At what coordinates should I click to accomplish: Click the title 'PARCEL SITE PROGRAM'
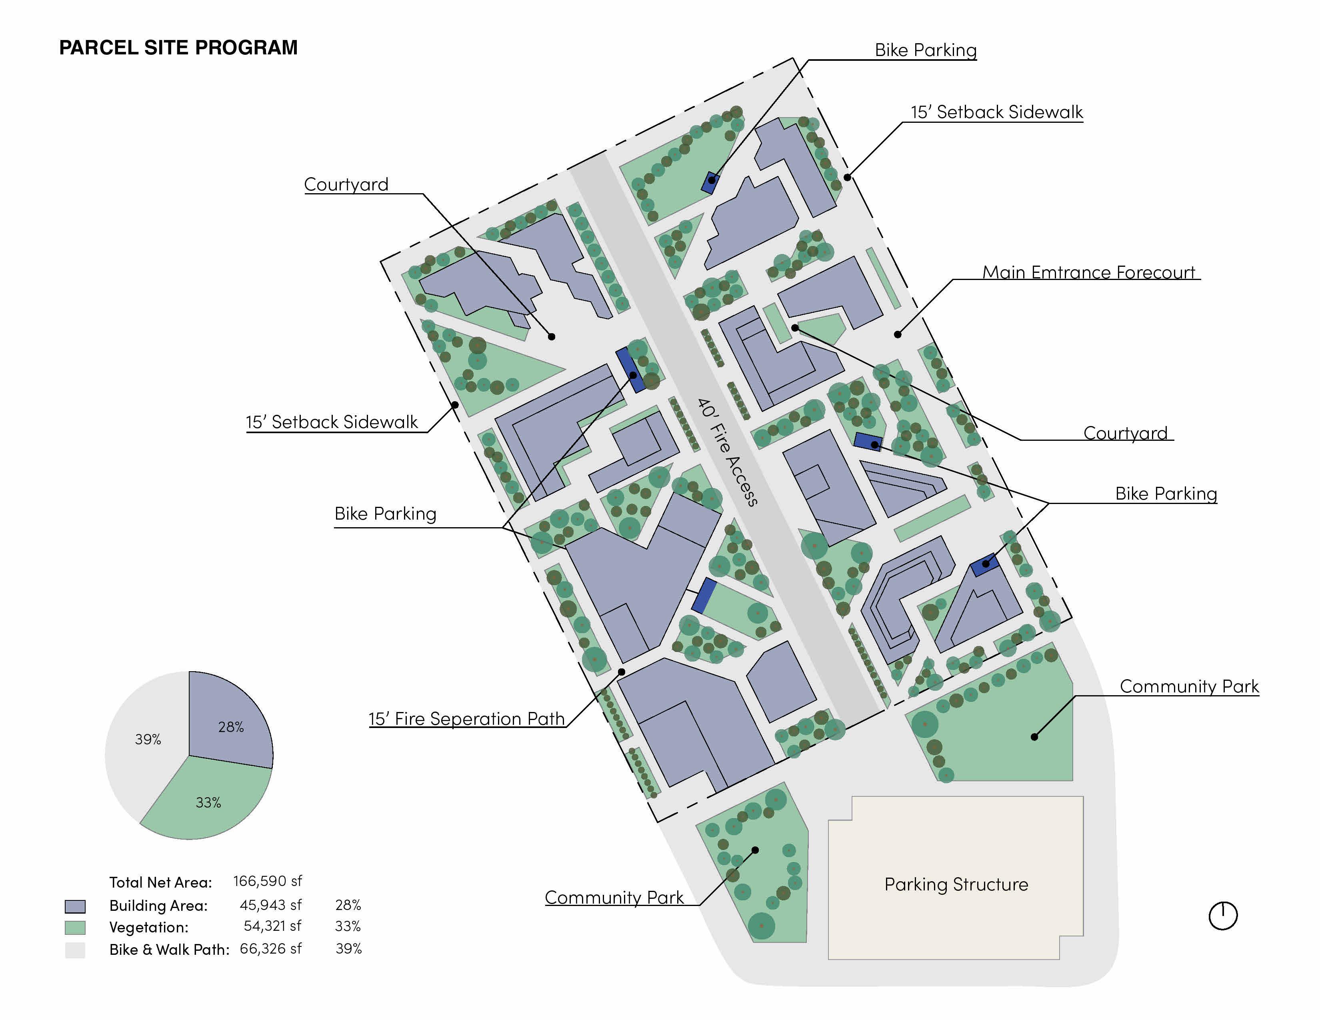(x=178, y=48)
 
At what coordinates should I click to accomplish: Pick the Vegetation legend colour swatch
(x=75, y=928)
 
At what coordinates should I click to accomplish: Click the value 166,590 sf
(x=267, y=881)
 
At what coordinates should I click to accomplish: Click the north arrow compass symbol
(x=1223, y=916)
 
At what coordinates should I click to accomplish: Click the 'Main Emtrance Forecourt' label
(x=1088, y=272)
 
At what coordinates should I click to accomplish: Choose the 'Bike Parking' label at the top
(x=925, y=50)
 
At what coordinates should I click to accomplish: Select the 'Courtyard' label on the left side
(x=346, y=184)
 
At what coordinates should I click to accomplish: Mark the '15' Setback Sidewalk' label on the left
(x=331, y=422)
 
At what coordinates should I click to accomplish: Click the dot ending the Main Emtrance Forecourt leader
(x=898, y=334)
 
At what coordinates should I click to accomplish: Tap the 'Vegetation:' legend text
(x=149, y=928)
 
